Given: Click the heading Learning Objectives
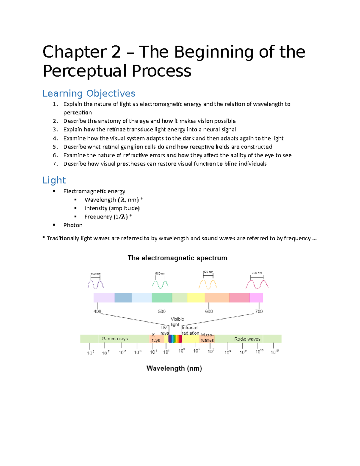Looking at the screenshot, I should [x=89, y=93].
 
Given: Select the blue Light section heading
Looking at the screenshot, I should [x=54, y=180].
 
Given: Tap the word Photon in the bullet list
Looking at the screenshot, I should [x=73, y=225].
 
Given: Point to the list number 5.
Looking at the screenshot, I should [x=55, y=147].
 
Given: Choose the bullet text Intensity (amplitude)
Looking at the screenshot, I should [x=112, y=208].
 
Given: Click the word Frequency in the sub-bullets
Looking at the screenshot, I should [x=98, y=217].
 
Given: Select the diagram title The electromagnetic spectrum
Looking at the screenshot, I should [x=177, y=258].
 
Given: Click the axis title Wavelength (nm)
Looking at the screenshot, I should [x=174, y=368].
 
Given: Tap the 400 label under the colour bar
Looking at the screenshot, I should [x=97, y=311].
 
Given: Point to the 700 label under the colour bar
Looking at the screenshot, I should [x=259, y=311].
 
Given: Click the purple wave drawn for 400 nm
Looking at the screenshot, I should [x=96, y=284].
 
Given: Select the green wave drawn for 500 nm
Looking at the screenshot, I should [x=160, y=284].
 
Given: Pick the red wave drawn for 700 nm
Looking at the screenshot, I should [x=257, y=284].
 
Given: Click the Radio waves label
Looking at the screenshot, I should [x=247, y=339].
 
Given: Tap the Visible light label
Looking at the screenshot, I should [x=177, y=322].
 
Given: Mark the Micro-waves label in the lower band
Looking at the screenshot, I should [x=207, y=338].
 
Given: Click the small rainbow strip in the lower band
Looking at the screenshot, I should [x=175, y=339].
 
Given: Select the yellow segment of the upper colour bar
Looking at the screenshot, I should [x=196, y=298].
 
